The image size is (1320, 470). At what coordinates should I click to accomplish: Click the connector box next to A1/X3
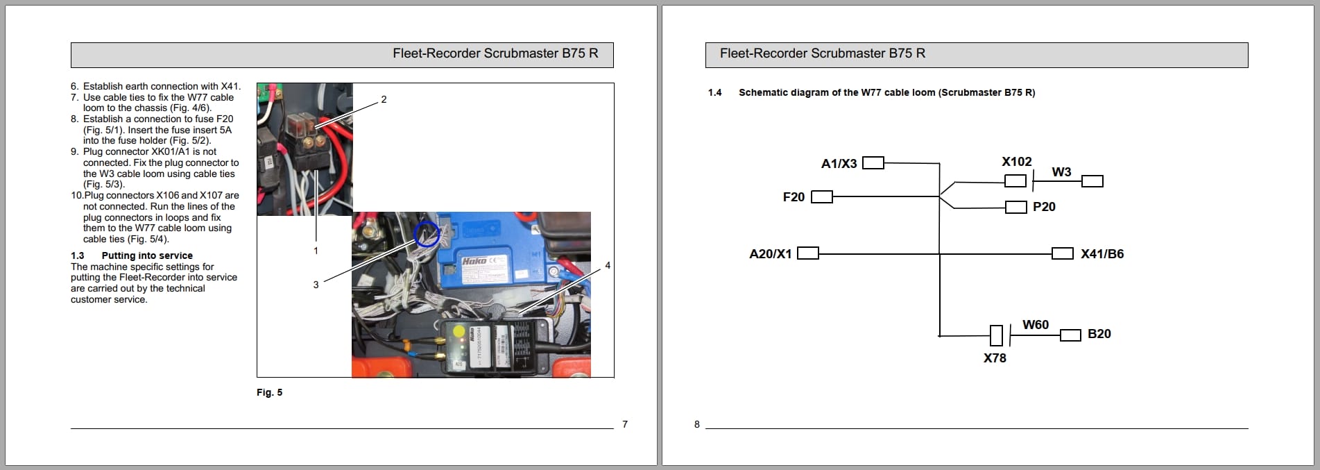coord(873,163)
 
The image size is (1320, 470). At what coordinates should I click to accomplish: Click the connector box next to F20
coord(821,197)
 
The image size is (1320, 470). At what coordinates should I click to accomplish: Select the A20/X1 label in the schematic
coord(770,254)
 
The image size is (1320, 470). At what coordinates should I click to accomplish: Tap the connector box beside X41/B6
coord(1062,253)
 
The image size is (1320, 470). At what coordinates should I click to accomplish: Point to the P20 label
coord(1044,207)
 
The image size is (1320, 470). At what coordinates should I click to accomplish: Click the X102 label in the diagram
coord(1016,162)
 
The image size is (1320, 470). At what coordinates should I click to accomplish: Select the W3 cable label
coord(1061,172)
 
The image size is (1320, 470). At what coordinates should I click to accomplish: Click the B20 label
coord(1099,334)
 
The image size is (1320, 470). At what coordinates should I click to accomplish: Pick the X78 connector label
coord(995,358)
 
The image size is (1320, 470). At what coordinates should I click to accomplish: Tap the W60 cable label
coord(1035,325)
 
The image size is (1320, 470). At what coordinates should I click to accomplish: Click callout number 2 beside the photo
coord(384,100)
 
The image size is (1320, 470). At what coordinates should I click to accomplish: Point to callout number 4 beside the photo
coord(608,266)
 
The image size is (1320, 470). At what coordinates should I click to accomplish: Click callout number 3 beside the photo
coord(316,285)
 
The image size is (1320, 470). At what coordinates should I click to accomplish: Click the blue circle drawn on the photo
coord(426,235)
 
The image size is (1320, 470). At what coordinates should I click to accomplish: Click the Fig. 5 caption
coord(269,393)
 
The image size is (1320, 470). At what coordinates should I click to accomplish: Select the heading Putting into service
coord(147,255)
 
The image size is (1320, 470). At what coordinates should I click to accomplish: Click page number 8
coord(697,424)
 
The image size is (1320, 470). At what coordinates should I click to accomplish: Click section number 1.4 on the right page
coord(714,92)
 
